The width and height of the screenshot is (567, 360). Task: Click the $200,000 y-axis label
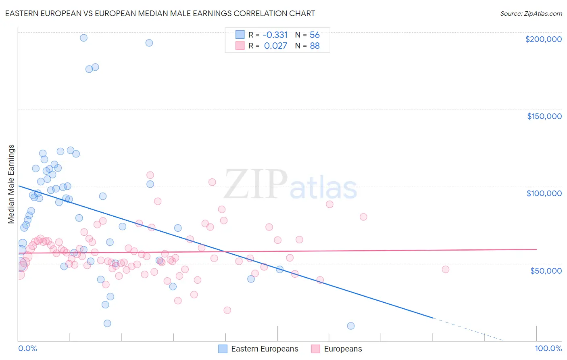click(x=543, y=39)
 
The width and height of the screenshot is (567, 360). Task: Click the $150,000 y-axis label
click(x=544, y=116)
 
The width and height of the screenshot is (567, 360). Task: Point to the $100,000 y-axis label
click(x=544, y=193)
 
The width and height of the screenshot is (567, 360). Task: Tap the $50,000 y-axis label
click(x=546, y=270)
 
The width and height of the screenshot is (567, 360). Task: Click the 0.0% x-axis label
click(x=27, y=348)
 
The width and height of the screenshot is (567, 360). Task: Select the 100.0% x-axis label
click(x=548, y=348)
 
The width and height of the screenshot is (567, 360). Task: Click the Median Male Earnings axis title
click(x=11, y=184)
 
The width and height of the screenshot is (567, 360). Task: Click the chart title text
click(x=160, y=13)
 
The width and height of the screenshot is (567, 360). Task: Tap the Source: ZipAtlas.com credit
click(x=531, y=13)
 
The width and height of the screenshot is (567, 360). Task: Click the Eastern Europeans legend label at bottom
click(x=265, y=349)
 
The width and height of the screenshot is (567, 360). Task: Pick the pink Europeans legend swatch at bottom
click(x=315, y=349)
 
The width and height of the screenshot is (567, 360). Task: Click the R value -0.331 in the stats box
click(x=275, y=35)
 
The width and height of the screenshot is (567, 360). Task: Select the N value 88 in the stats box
click(x=315, y=46)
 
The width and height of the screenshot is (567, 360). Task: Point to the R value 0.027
click(x=275, y=46)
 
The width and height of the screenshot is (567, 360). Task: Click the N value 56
click(x=315, y=35)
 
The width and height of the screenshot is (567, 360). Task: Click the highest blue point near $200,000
click(x=83, y=38)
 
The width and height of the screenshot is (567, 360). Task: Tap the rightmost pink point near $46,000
click(x=445, y=269)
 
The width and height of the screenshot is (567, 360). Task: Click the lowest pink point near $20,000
click(x=227, y=310)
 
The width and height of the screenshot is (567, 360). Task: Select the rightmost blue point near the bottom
click(x=351, y=326)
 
